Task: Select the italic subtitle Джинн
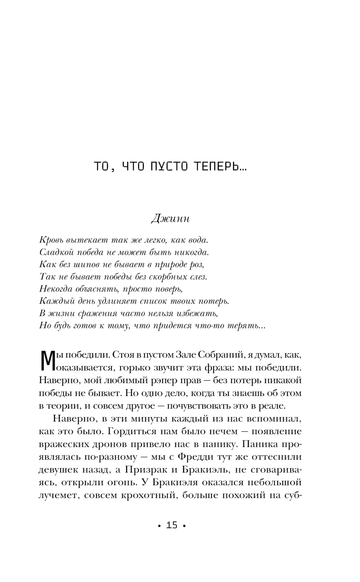(170, 218)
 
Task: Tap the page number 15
(172, 525)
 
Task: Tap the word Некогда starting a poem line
(54, 289)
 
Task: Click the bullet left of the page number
(159, 526)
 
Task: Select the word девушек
(59, 470)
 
